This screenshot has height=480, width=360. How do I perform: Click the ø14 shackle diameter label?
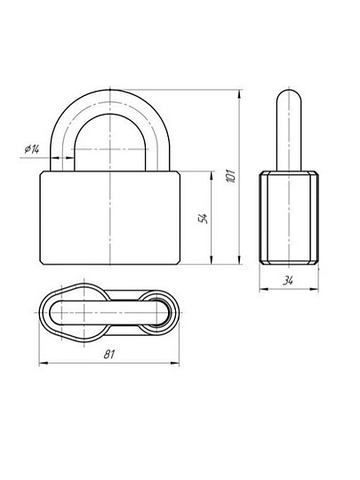coord(32,149)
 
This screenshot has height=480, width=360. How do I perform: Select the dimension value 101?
coord(231,176)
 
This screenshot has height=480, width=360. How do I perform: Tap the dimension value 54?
coord(204,218)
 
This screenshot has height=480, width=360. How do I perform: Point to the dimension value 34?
coord(288,280)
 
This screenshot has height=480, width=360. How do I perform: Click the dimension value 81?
coord(109,355)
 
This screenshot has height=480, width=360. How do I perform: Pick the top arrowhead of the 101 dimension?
coord(239,94)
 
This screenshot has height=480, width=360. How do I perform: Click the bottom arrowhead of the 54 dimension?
coord(211,260)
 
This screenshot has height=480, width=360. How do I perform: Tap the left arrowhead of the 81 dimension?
coord(44,364)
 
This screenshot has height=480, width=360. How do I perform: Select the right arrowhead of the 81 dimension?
coord(175,364)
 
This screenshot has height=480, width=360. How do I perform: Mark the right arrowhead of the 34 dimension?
coord(315,289)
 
